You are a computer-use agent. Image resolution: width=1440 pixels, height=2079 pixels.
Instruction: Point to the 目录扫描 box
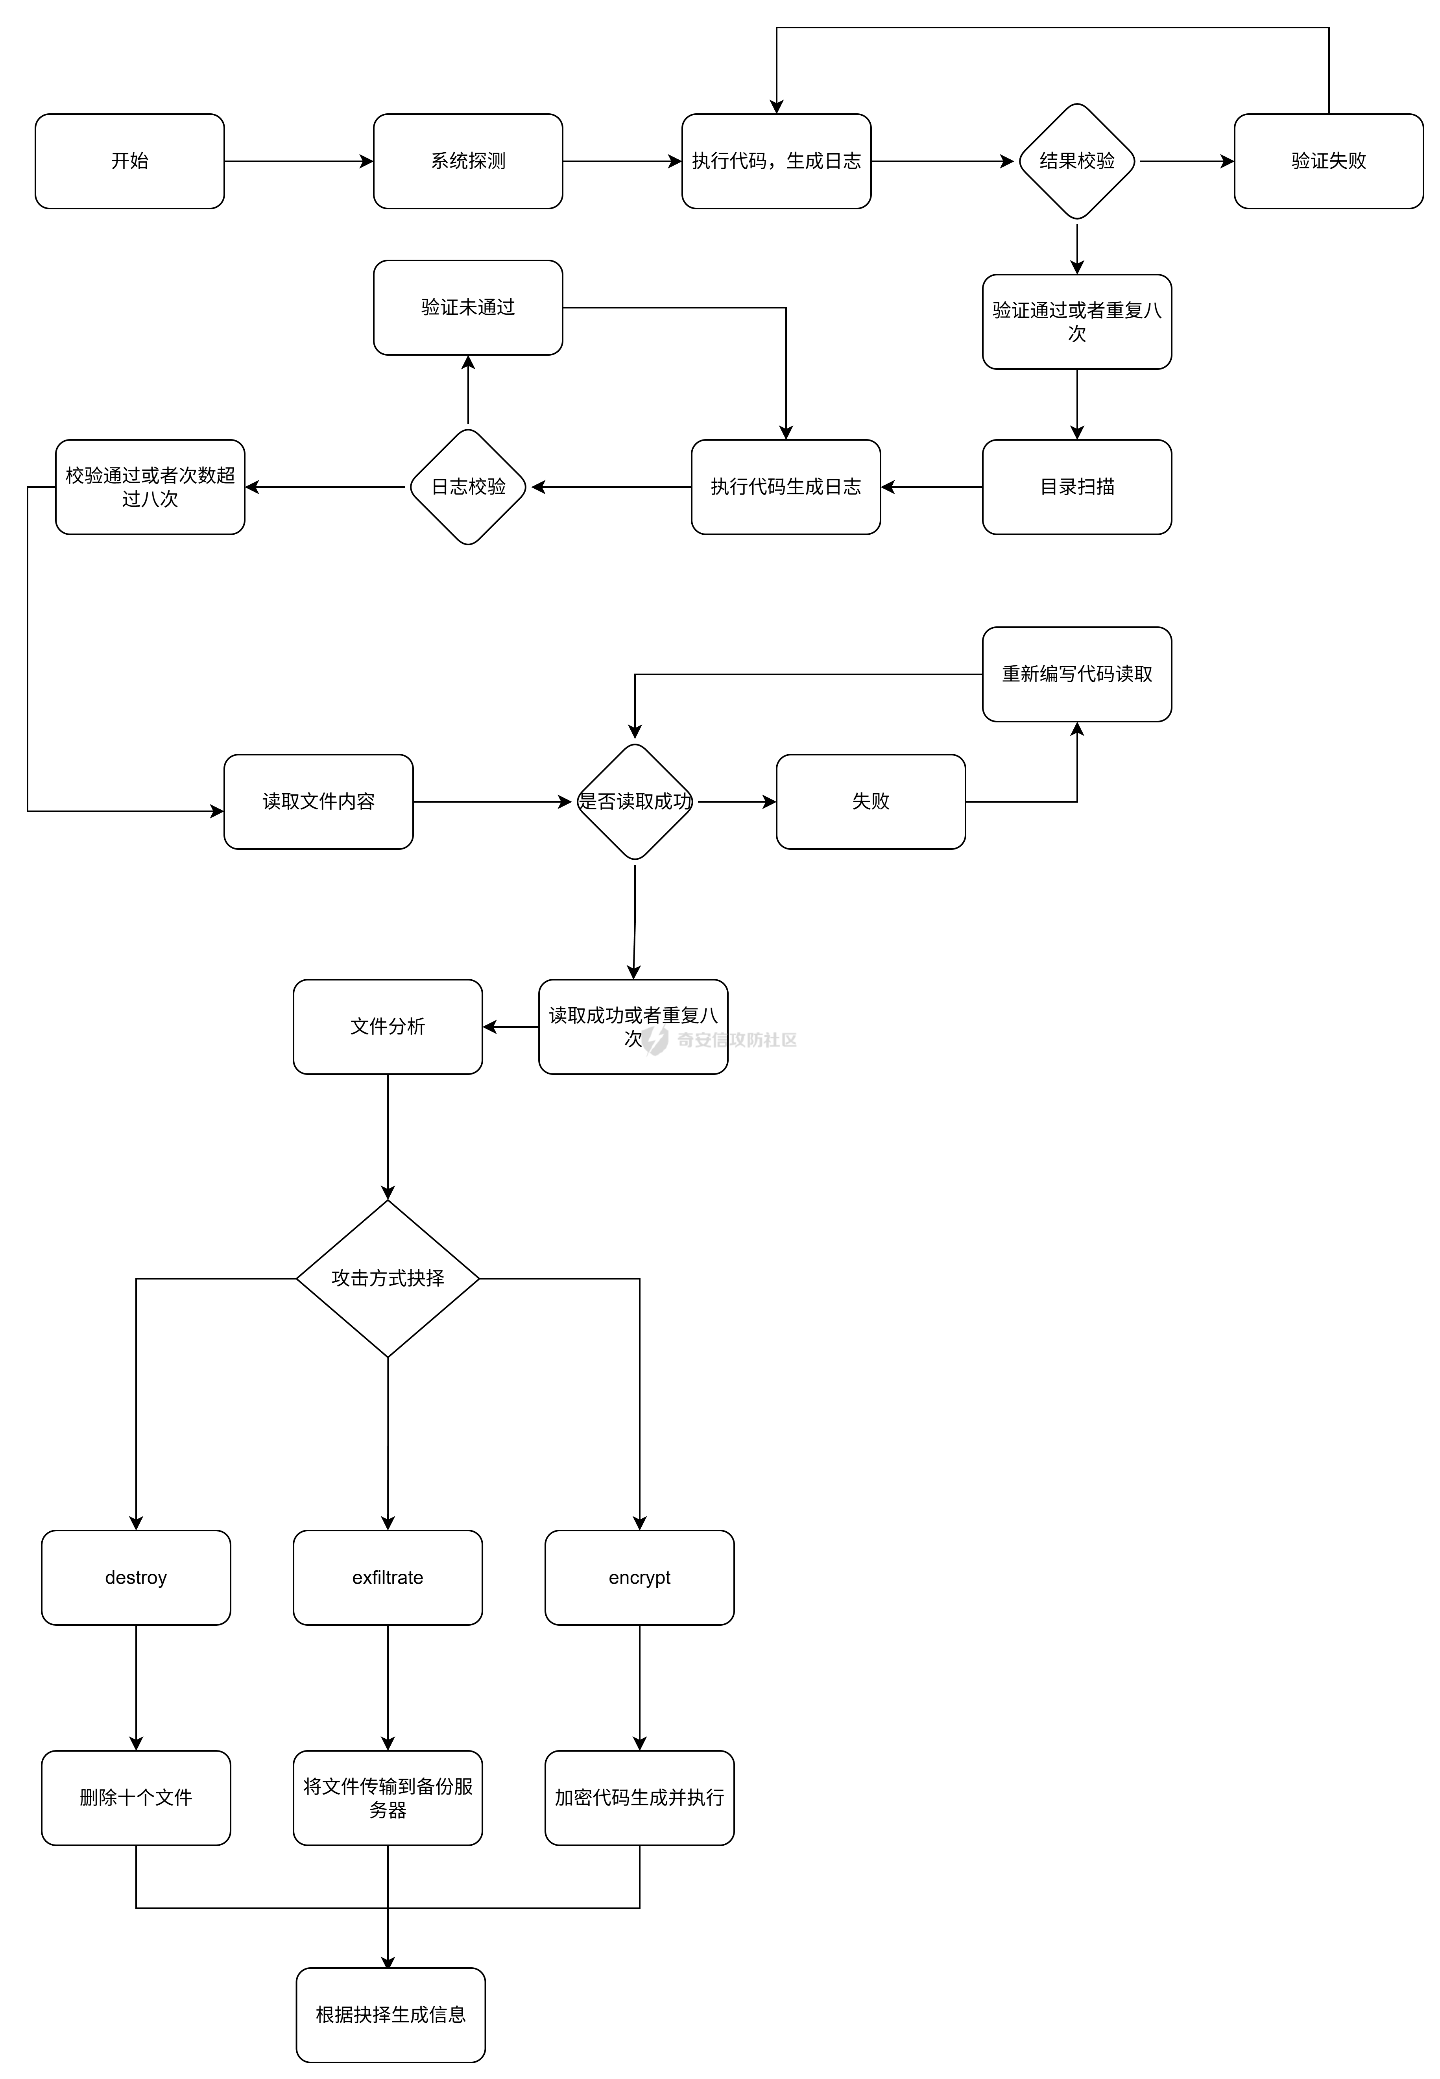click(1076, 487)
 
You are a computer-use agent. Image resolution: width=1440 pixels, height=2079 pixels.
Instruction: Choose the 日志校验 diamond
click(467, 487)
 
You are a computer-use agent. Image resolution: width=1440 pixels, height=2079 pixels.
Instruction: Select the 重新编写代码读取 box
click(1076, 674)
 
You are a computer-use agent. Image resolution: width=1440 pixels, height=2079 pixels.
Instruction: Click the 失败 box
click(871, 801)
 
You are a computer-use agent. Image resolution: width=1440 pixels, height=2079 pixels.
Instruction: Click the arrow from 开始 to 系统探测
click(298, 162)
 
